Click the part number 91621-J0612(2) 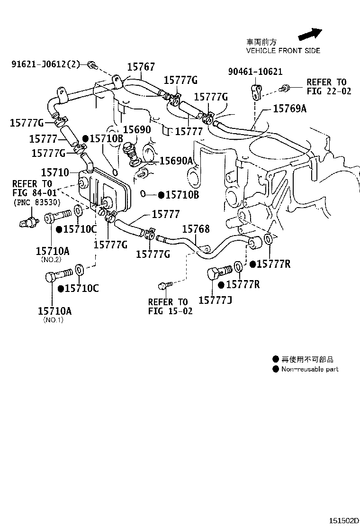click(x=45, y=64)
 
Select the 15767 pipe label click(x=141, y=66)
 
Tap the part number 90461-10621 click(x=255, y=72)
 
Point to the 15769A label click(x=289, y=108)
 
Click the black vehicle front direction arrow click(x=310, y=34)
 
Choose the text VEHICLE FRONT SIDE click(x=283, y=51)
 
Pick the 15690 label click(x=137, y=129)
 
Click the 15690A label click(x=176, y=161)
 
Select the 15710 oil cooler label click(x=55, y=173)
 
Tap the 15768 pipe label click(x=196, y=229)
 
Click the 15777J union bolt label click(x=215, y=300)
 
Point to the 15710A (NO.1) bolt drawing click(x=58, y=274)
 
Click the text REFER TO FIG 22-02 click(x=329, y=87)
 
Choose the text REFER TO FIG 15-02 click(x=171, y=307)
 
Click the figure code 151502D click(x=343, y=521)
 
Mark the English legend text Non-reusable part click(x=310, y=369)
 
